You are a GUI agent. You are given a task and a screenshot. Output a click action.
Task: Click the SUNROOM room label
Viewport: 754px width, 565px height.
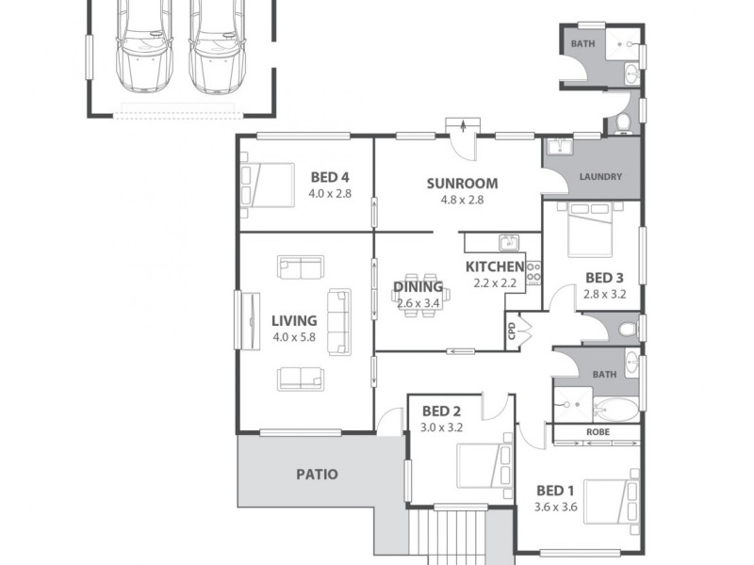coord(461,183)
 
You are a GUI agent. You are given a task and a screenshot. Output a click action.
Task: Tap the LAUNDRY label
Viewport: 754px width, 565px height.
coord(598,176)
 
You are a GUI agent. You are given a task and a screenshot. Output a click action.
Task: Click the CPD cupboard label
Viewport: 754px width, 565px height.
coord(512,331)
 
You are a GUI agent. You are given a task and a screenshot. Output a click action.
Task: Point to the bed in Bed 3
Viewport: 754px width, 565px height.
coord(585,228)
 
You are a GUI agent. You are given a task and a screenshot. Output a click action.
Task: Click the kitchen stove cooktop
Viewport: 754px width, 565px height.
coord(533,272)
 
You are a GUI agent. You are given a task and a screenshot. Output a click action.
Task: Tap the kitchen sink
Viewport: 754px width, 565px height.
coord(509,242)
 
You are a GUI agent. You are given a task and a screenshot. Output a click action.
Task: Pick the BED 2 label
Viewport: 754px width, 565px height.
coord(440,411)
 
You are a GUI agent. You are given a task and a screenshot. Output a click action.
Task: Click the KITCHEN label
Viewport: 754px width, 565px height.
coord(496,266)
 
